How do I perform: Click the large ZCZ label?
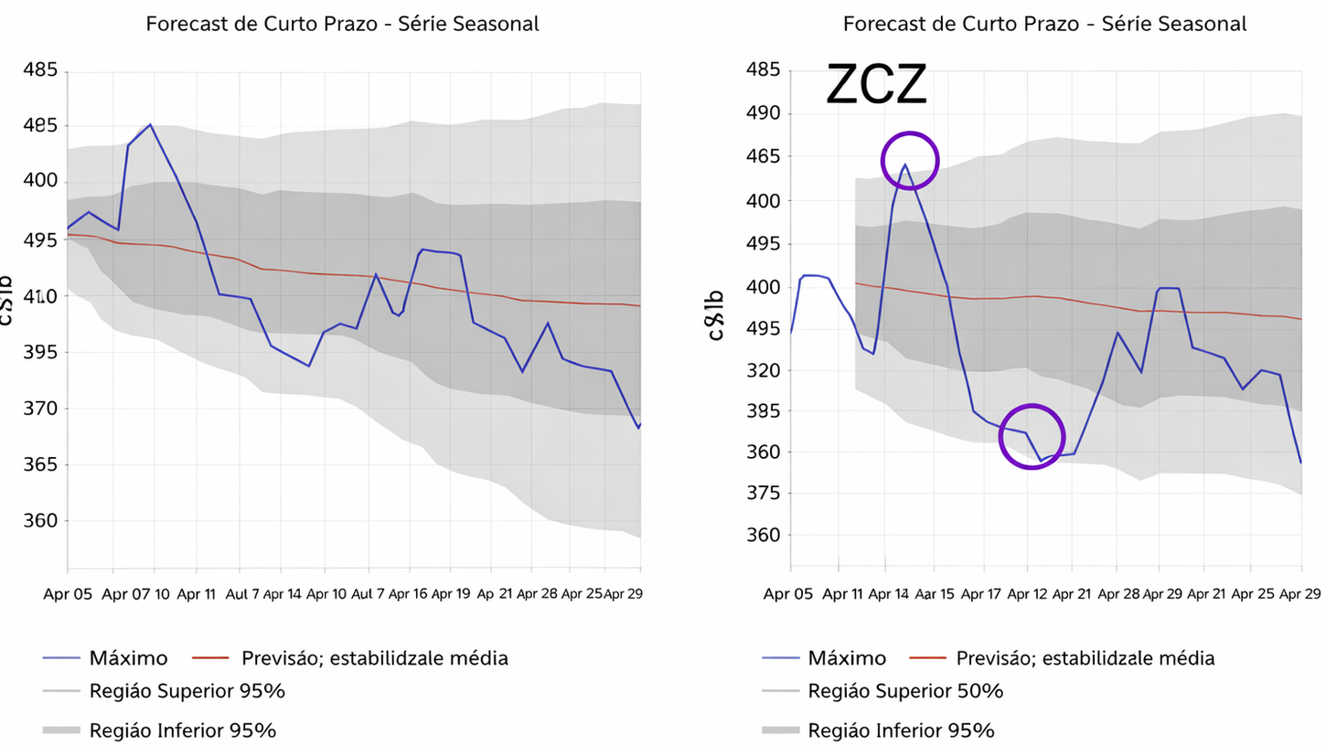(876, 86)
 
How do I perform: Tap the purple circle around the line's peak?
(910, 161)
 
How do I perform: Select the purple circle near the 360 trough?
(1032, 437)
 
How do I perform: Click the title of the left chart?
(342, 24)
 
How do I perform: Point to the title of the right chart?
(1044, 24)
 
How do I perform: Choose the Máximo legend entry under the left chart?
(128, 657)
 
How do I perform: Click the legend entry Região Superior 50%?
(905, 691)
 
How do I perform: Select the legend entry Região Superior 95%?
(187, 691)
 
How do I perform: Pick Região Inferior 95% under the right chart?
(901, 730)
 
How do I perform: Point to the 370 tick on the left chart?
(39, 409)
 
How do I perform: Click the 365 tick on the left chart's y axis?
(39, 464)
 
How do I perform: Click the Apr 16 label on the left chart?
(408, 593)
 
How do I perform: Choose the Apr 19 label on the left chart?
(450, 593)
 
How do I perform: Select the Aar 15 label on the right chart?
(936, 593)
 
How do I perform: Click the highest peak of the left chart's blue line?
(150, 124)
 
